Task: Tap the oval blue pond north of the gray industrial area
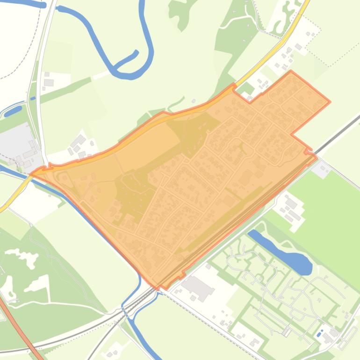(x=13, y=111)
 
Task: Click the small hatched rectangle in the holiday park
(x=286, y=331)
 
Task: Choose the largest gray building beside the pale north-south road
(x=48, y=83)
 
